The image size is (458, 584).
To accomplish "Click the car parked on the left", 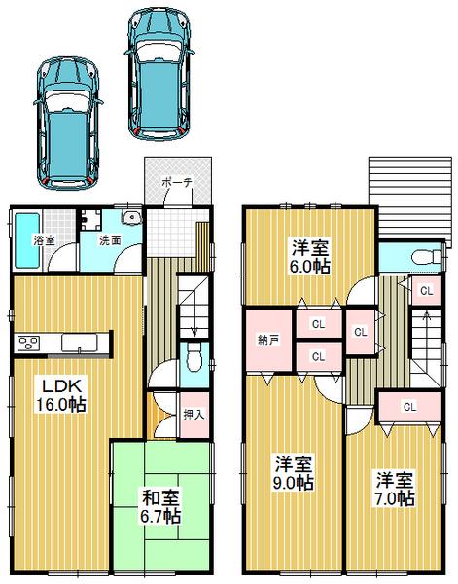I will coord(67,122).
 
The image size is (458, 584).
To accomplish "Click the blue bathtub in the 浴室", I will coord(30,239).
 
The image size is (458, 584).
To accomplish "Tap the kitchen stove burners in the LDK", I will coord(28,342).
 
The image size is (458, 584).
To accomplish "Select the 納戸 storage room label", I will coord(268,341).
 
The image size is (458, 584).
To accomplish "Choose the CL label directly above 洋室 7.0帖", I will coord(409,406).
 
